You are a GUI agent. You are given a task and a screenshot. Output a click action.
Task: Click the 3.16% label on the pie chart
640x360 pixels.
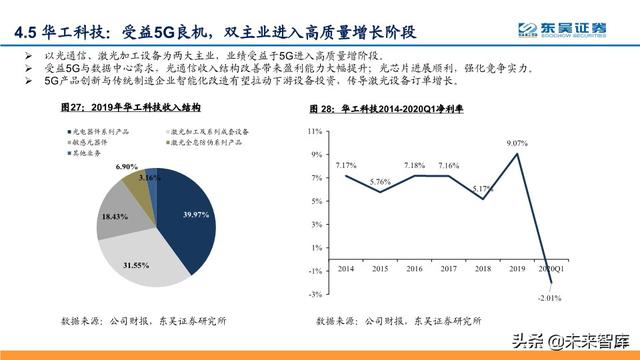pos(149,177)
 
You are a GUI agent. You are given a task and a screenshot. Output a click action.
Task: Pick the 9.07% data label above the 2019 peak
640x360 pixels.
pos(518,143)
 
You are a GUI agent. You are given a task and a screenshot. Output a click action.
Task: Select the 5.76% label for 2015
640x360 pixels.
pos(380,181)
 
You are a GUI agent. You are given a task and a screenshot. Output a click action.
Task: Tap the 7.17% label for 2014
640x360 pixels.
pos(346,164)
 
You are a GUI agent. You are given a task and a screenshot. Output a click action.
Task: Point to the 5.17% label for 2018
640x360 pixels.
pos(483,188)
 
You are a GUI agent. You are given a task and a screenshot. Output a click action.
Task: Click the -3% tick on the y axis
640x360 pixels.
pos(314,294)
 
